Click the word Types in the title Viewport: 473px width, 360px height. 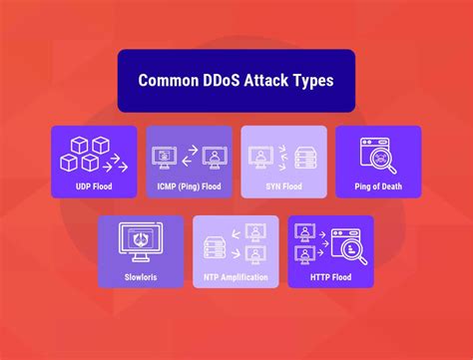pyautogui.click(x=310, y=81)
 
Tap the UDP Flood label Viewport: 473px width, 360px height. pyautogui.click(x=94, y=185)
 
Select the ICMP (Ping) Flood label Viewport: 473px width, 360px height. pyautogui.click(x=189, y=185)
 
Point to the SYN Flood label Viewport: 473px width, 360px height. pyautogui.click(x=283, y=185)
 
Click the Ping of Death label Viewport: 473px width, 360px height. pyautogui.click(x=378, y=185)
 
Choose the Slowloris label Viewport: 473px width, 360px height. pyautogui.click(x=141, y=275)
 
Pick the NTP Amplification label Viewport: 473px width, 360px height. pyautogui.click(x=236, y=275)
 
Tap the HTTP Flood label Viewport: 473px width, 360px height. pyautogui.click(x=330, y=275)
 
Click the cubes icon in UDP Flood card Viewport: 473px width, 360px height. pyautogui.click(x=82, y=154)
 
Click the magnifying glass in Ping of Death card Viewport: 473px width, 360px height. pyautogui.click(x=379, y=157)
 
